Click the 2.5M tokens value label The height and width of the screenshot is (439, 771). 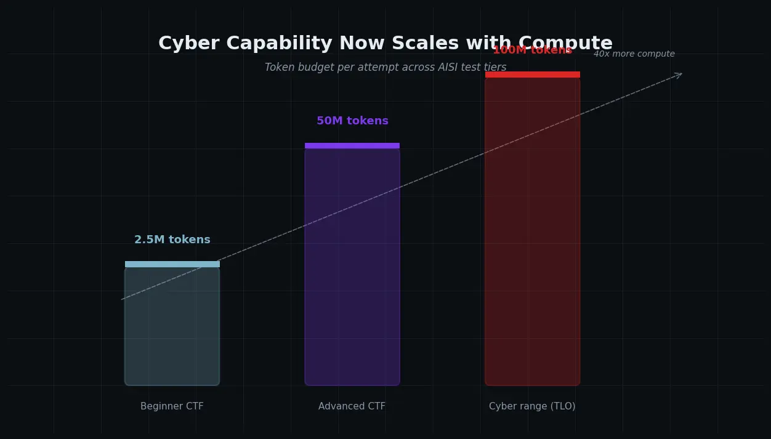point(172,240)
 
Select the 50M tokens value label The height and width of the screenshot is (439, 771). point(352,121)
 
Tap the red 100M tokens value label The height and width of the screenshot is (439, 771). point(532,50)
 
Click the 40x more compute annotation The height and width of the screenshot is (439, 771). point(634,54)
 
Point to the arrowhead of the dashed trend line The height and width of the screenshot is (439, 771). point(680,75)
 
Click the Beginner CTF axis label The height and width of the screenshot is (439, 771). point(172,406)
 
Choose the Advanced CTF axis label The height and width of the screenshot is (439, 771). point(352,406)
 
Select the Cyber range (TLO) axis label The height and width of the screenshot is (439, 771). point(532,406)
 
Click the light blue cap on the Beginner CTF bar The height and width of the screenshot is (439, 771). point(172,264)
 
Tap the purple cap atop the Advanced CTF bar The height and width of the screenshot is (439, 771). point(352,146)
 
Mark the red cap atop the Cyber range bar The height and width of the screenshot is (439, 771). point(532,75)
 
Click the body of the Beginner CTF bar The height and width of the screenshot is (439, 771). point(172,332)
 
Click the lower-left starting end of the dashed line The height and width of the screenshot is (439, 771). point(123,299)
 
